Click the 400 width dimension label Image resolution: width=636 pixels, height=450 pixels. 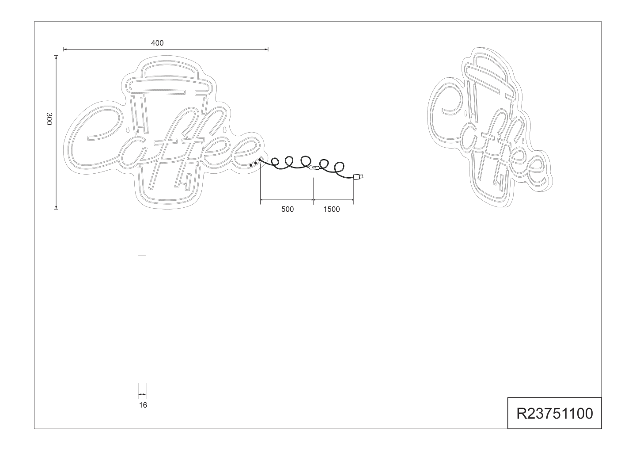157,43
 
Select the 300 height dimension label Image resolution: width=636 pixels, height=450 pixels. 49,119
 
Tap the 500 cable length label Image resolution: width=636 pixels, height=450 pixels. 288,210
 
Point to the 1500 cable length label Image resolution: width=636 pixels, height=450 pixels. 331,210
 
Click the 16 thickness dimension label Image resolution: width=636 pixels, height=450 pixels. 143,405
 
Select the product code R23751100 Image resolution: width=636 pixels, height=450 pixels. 555,414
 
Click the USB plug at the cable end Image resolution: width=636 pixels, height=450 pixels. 358,177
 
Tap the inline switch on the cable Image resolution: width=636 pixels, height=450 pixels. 314,168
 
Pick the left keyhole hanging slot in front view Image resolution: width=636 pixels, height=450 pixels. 128,130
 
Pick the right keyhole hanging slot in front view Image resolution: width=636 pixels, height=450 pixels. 225,130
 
